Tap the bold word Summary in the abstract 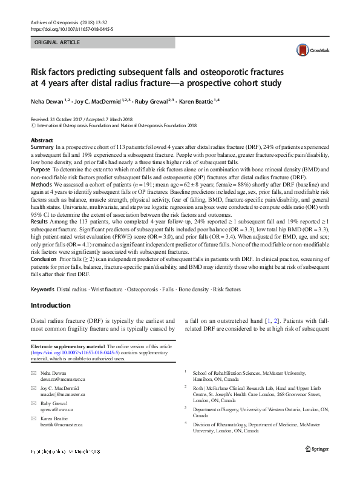point(42,147)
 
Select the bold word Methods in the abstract point(42,183)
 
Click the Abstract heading point(42,140)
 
